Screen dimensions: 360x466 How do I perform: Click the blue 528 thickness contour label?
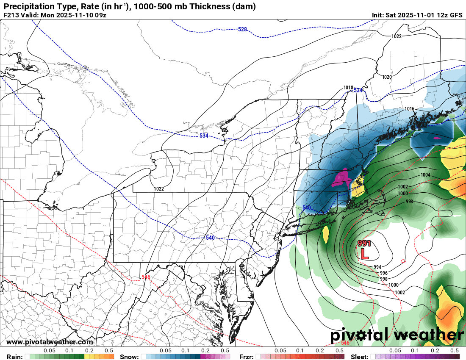tap(242, 29)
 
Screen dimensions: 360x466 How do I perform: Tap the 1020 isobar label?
tap(387, 77)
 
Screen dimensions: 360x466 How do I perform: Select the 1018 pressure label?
tap(348, 88)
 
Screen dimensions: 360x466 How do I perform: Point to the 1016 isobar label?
tap(409, 109)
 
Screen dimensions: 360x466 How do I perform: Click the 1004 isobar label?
tap(425, 175)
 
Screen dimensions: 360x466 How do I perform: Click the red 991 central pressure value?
tap(364, 244)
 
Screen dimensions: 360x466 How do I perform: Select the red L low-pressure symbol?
tap(364, 254)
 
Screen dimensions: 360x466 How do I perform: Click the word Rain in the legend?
tap(14, 357)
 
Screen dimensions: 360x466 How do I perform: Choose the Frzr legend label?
tap(246, 357)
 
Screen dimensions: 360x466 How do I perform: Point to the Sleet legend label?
tap(360, 357)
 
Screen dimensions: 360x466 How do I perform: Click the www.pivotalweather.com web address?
tap(50, 342)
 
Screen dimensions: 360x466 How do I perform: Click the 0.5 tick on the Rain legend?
tap(109, 351)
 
